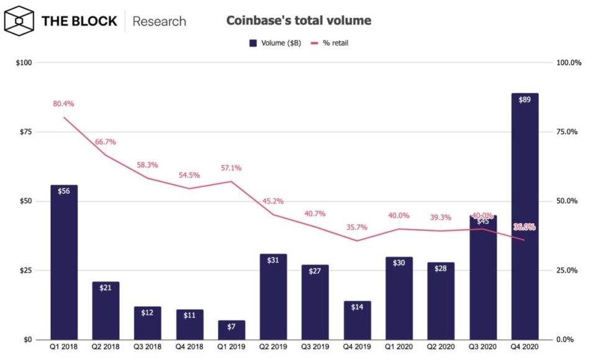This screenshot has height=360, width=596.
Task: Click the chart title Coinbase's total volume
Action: pos(299,20)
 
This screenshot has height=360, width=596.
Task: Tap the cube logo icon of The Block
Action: pos(19,21)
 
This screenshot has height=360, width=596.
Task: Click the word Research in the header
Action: pos(160,21)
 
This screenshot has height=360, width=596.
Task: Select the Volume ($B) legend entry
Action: pos(274,43)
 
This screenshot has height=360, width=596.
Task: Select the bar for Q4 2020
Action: pos(525,217)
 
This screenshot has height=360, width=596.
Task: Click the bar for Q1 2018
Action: pos(64,263)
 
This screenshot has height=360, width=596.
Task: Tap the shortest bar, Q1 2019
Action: pos(231,330)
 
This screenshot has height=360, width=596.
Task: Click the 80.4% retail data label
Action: pos(63,104)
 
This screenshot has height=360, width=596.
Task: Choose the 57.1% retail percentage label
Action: pos(231,168)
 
